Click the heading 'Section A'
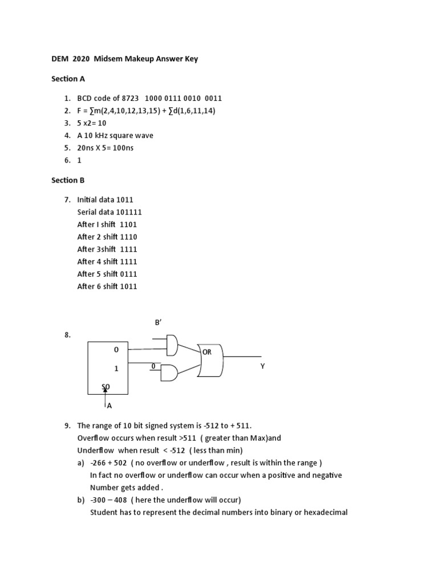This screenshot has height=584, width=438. (68, 79)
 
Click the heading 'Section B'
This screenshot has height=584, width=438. (68, 180)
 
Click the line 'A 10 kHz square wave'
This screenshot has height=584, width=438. (115, 135)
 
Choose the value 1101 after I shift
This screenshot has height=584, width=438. (128, 224)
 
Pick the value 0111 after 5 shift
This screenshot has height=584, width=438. (129, 274)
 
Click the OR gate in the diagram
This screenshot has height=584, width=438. (210, 360)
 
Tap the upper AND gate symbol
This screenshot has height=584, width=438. (171, 344)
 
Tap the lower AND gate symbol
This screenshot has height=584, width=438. (169, 373)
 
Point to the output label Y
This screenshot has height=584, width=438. (263, 366)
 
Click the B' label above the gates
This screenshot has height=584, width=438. (159, 323)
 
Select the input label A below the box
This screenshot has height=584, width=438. (109, 406)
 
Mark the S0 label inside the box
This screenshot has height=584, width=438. (106, 387)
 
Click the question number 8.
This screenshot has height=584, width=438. (67, 335)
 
